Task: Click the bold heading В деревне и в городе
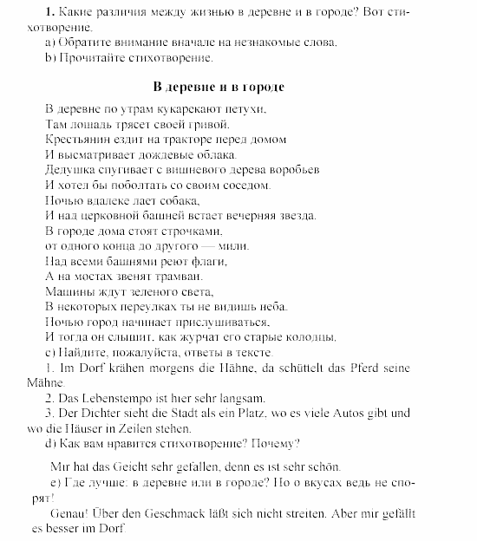[x=218, y=88]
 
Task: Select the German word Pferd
[x=357, y=368]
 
